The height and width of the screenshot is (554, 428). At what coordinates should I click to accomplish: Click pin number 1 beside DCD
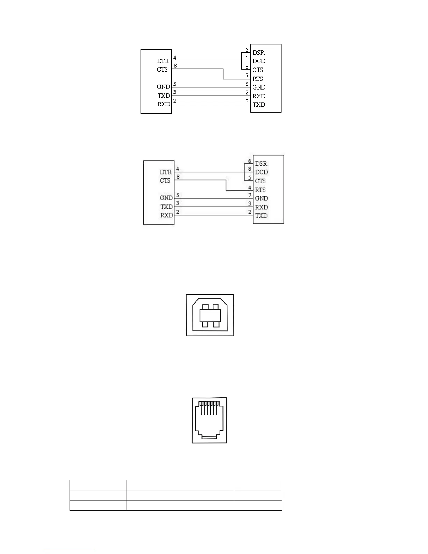click(247, 59)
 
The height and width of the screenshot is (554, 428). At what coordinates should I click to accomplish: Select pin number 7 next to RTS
click(247, 76)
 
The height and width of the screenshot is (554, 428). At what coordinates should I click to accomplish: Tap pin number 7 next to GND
click(250, 195)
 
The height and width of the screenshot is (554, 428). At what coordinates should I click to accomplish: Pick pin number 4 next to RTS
click(250, 187)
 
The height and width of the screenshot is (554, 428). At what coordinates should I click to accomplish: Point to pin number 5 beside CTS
click(250, 178)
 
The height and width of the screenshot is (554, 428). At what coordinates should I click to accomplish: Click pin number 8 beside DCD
click(250, 169)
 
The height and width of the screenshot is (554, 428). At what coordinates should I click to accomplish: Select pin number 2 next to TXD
click(250, 212)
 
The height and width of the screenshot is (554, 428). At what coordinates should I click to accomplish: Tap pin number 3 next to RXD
click(250, 204)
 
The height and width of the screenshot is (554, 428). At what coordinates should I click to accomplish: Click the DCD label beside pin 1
click(259, 61)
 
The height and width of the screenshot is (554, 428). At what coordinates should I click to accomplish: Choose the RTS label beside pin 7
click(258, 79)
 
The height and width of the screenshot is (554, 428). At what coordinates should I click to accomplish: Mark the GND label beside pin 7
click(262, 198)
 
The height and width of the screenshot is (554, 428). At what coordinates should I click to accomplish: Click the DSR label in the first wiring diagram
click(259, 53)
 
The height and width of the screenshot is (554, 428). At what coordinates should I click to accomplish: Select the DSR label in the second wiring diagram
click(261, 164)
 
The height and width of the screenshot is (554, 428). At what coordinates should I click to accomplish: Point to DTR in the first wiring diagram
click(163, 61)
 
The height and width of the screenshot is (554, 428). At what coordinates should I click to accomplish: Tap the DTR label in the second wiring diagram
click(166, 172)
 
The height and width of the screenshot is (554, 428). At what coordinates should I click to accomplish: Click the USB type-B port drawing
click(210, 315)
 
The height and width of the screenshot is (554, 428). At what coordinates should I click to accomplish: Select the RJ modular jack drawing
click(209, 420)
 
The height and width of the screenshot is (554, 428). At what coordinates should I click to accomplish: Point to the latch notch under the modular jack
click(209, 437)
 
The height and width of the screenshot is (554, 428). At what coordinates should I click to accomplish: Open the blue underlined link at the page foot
click(70, 551)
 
